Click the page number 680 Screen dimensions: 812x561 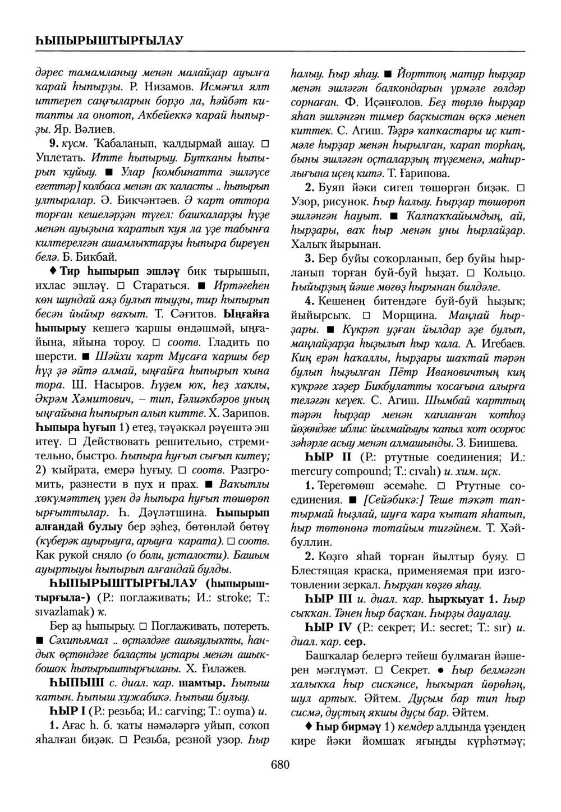coord(279,764)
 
